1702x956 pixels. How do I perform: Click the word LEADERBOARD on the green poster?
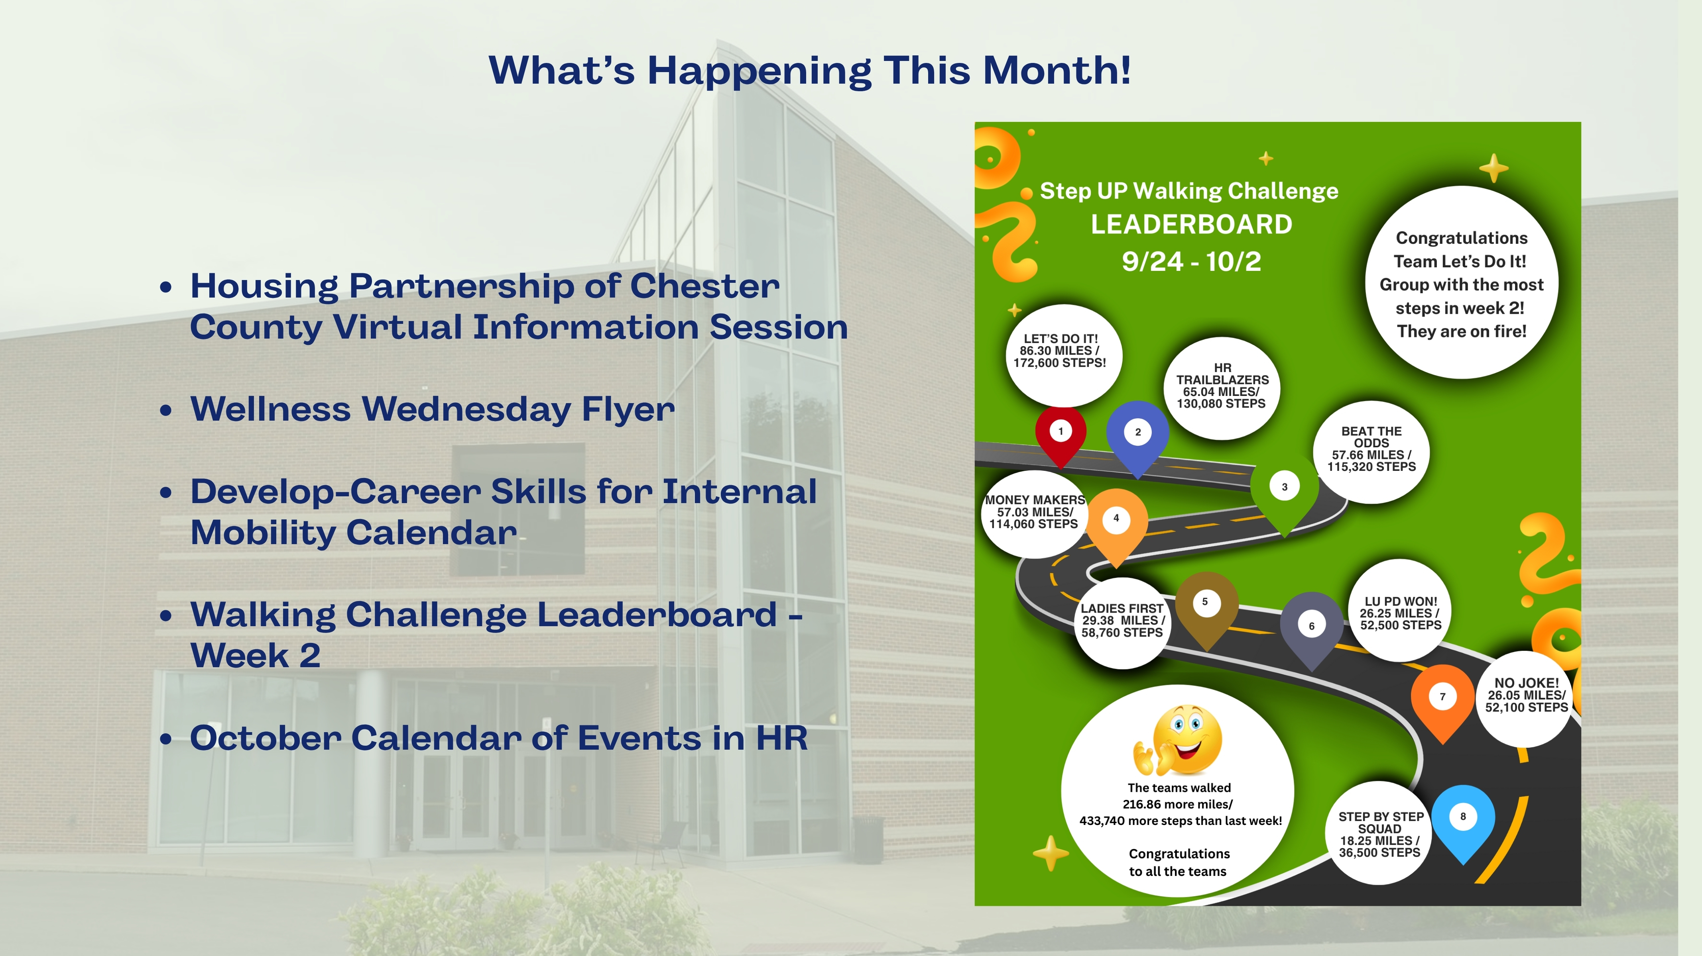click(1191, 225)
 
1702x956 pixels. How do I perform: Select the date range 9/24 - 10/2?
click(1191, 261)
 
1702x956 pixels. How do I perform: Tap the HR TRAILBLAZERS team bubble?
click(1222, 388)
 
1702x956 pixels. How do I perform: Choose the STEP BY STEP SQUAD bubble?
click(1379, 834)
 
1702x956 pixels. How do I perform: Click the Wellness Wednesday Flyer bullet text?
click(433, 409)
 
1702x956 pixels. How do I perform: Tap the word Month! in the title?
click(1057, 70)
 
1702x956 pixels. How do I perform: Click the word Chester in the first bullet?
click(705, 286)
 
